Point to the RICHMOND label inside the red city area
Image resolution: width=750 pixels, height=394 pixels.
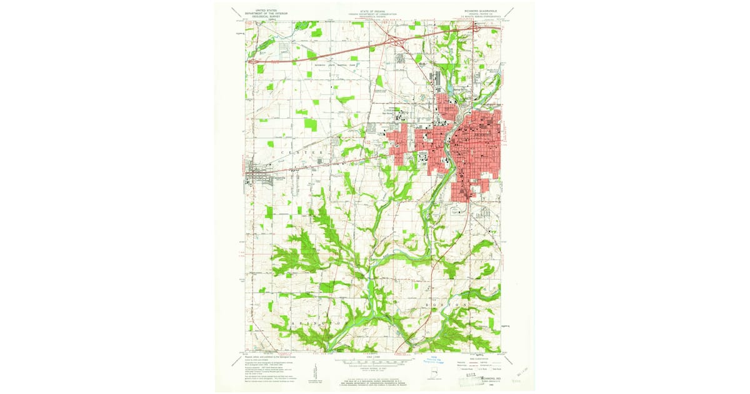pyautogui.click(x=483, y=134)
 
